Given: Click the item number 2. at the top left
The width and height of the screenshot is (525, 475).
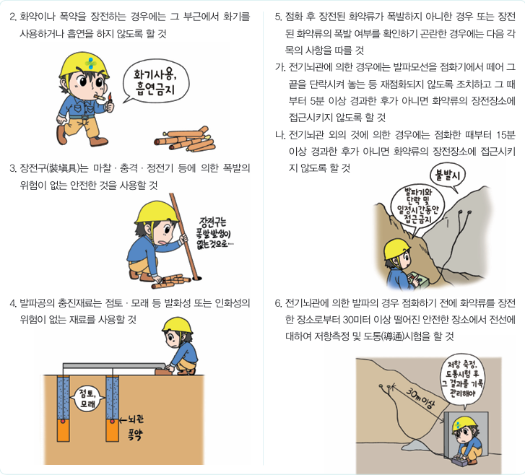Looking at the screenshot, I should (x=14, y=15).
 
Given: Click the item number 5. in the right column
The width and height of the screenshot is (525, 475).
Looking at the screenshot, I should (x=279, y=15).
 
